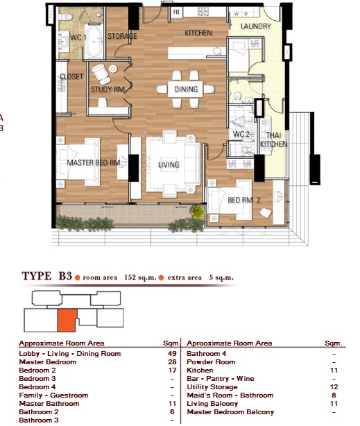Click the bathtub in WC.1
pyautogui.click(x=94, y=42)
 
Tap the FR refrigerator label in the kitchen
pyautogui.click(x=176, y=12)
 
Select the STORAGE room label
pyautogui.click(x=122, y=36)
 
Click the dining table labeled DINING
pyautogui.click(x=185, y=89)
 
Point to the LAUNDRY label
pyautogui.click(x=256, y=26)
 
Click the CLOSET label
pyautogui.click(x=71, y=76)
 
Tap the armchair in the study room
pyautogui.click(x=101, y=74)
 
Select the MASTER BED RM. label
pyautogui.click(x=94, y=162)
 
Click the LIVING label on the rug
pyautogui.click(x=169, y=164)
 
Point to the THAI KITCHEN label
pyautogui.click(x=273, y=139)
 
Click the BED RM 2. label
pyautogui.click(x=245, y=201)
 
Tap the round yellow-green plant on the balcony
pyautogui.click(x=198, y=212)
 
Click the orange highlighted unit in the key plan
pyautogui.click(x=67, y=321)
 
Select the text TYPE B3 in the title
pyautogui.click(x=46, y=276)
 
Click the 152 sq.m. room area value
pyautogui.click(x=140, y=278)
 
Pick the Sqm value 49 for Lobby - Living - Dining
pyautogui.click(x=172, y=354)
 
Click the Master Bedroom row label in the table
pyautogui.click(x=48, y=362)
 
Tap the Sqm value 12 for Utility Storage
pyautogui.click(x=334, y=387)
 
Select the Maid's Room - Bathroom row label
pyautogui.click(x=230, y=395)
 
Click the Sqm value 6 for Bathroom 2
pyautogui.click(x=172, y=412)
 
